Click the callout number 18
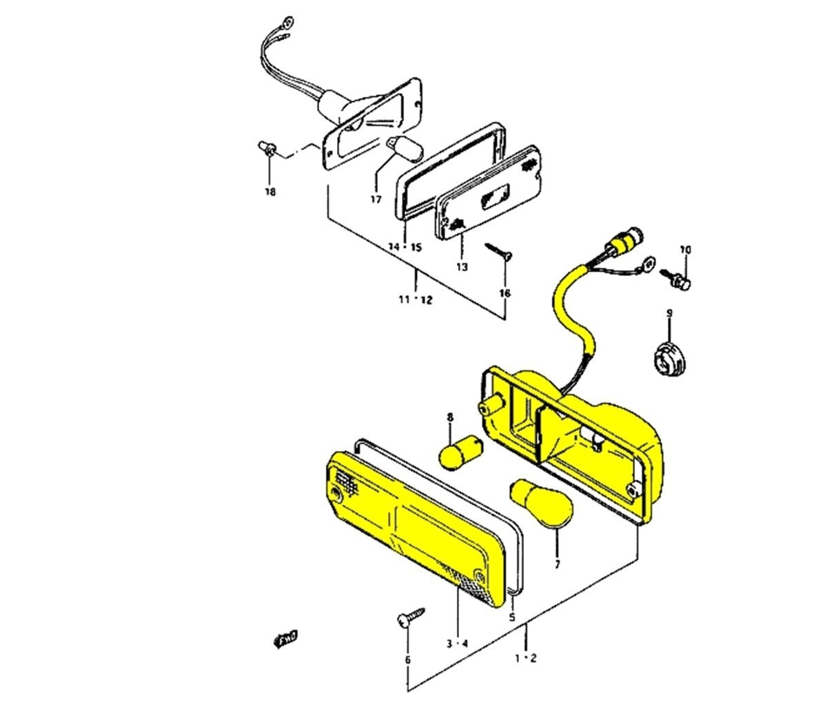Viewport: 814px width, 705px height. [x=270, y=191]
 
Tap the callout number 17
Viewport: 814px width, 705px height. [x=376, y=200]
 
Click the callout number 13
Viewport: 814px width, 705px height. [x=461, y=266]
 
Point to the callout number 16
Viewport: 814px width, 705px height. [x=505, y=293]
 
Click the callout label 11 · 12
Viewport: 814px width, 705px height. [x=415, y=299]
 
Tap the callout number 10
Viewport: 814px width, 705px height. [x=685, y=249]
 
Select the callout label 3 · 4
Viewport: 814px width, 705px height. [x=457, y=644]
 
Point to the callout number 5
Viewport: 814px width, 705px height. [x=512, y=618]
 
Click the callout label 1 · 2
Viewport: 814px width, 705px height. [x=526, y=658]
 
